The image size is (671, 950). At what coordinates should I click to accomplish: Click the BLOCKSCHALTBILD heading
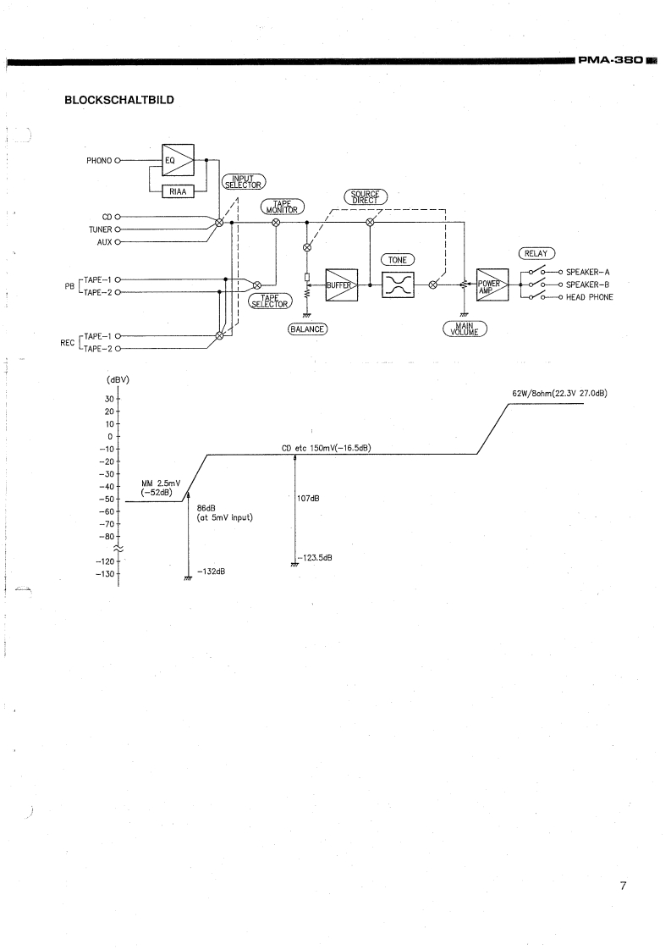click(119, 100)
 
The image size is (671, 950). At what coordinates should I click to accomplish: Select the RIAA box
click(178, 191)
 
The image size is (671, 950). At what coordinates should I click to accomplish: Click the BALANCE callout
click(308, 329)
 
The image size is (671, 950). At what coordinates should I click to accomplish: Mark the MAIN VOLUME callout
click(463, 329)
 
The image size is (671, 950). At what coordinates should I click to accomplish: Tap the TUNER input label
click(101, 229)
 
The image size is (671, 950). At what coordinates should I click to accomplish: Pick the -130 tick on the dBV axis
click(107, 574)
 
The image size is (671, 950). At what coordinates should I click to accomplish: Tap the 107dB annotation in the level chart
click(309, 498)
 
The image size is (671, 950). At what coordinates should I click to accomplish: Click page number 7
click(622, 886)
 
